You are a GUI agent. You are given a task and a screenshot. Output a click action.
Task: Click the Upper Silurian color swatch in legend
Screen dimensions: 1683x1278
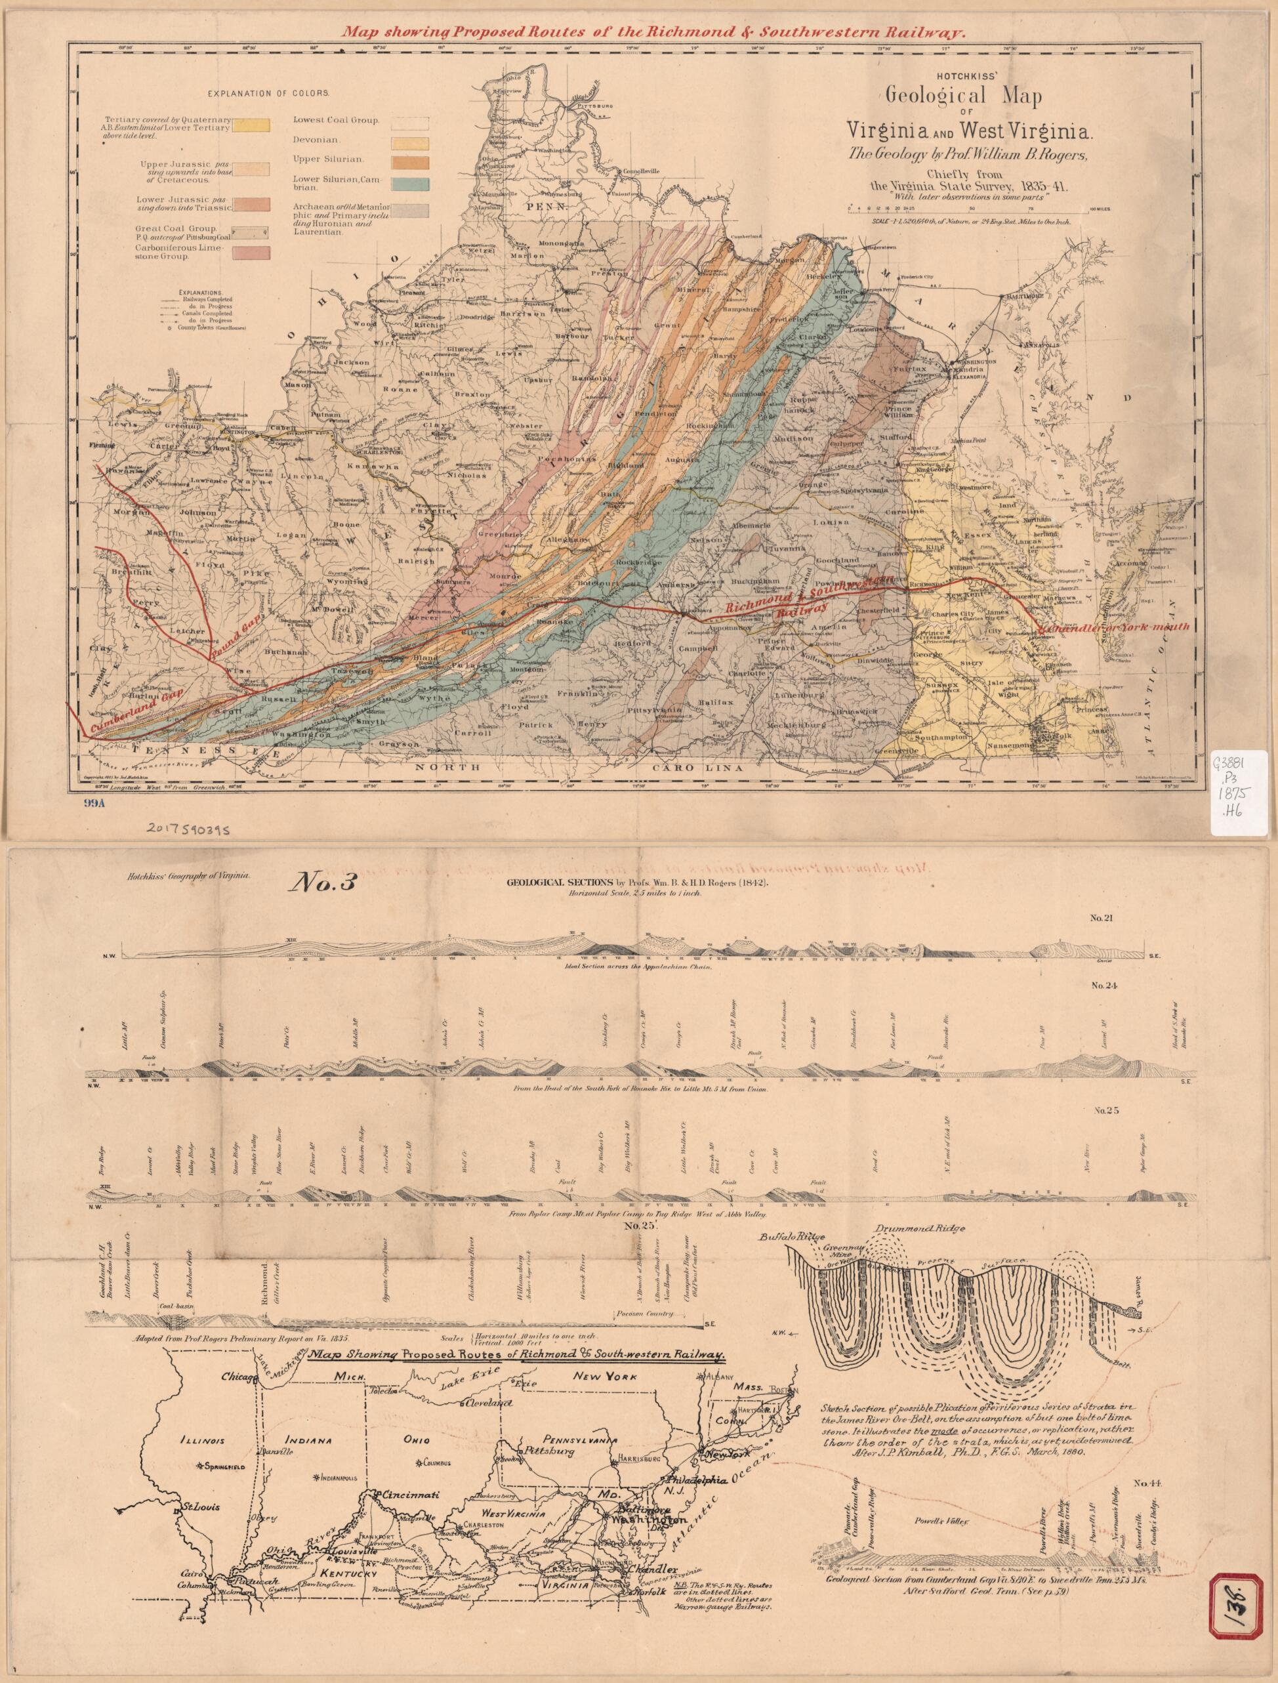[x=409, y=162]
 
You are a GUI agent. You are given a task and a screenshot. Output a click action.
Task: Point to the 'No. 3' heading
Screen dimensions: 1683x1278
[x=315, y=883]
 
